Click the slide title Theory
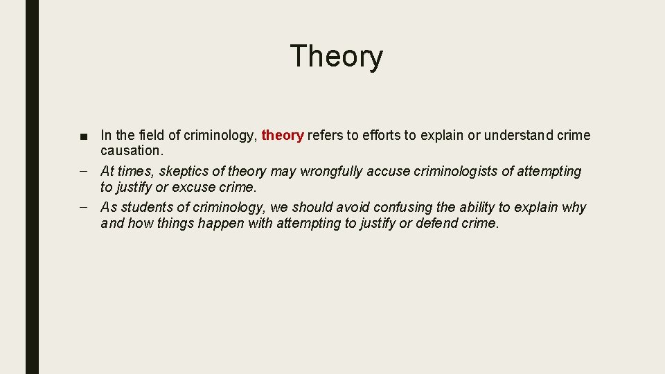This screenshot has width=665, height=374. (x=336, y=56)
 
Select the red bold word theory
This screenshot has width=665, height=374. (x=283, y=136)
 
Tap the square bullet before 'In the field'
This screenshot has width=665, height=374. (x=83, y=136)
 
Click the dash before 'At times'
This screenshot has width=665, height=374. (x=83, y=171)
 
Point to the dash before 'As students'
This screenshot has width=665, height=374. (x=83, y=207)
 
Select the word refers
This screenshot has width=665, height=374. (x=325, y=136)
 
